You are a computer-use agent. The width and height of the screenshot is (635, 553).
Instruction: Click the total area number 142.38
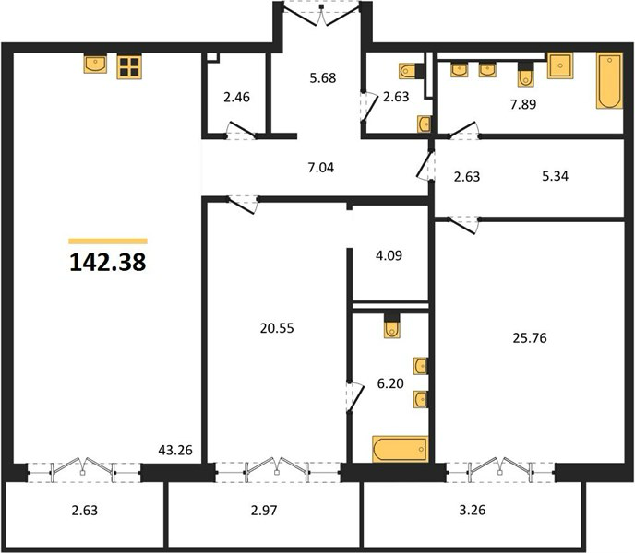[108, 262]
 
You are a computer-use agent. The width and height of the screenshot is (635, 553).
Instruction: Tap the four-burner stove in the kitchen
[129, 66]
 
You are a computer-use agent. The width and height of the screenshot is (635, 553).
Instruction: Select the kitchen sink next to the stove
[96, 64]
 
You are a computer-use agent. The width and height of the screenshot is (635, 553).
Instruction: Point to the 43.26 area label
[175, 450]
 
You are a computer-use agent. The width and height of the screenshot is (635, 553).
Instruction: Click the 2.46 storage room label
[237, 97]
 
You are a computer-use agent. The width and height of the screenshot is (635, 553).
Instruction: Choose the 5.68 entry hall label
[323, 77]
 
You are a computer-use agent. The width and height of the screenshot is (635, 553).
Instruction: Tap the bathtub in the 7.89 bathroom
[609, 80]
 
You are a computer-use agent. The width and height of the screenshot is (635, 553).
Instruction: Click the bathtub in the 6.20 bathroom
[401, 449]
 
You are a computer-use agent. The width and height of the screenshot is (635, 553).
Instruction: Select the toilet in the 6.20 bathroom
[391, 325]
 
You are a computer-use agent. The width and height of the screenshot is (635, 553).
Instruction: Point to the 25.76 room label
[530, 337]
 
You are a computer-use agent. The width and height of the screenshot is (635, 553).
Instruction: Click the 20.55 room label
[277, 328]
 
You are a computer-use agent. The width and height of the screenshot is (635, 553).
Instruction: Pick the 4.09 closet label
[389, 255]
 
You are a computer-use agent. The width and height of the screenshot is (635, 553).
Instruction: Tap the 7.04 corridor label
[321, 167]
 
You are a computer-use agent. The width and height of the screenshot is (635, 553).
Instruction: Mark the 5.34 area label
[556, 176]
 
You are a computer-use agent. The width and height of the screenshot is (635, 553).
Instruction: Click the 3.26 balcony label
[473, 510]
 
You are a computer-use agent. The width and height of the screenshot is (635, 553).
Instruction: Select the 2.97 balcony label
[264, 510]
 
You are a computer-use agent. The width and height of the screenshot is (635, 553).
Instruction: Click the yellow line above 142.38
[108, 241]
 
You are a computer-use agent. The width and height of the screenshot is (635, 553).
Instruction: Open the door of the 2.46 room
[242, 129]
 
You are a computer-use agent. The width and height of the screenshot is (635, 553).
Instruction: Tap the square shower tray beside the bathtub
[560, 65]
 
